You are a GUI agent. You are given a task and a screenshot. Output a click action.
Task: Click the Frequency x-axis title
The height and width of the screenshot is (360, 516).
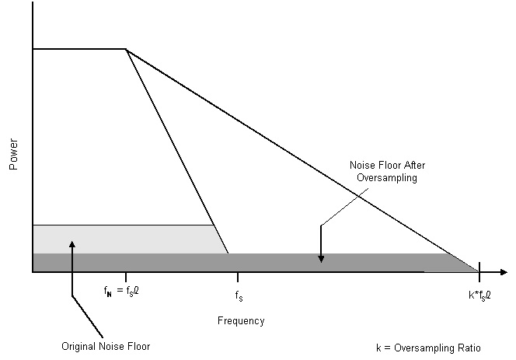241,320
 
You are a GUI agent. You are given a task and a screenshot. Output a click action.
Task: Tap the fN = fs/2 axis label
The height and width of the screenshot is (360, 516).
122,293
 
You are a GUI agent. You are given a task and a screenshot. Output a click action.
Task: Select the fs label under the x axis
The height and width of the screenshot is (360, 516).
238,295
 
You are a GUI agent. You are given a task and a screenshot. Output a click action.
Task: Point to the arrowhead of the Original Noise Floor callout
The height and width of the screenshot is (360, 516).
71,244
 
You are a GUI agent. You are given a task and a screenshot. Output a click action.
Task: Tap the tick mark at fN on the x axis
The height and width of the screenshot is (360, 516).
126,277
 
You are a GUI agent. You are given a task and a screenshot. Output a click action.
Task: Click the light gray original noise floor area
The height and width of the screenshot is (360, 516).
124,238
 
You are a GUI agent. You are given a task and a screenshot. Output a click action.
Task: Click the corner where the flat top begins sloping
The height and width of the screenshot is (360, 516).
126,49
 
